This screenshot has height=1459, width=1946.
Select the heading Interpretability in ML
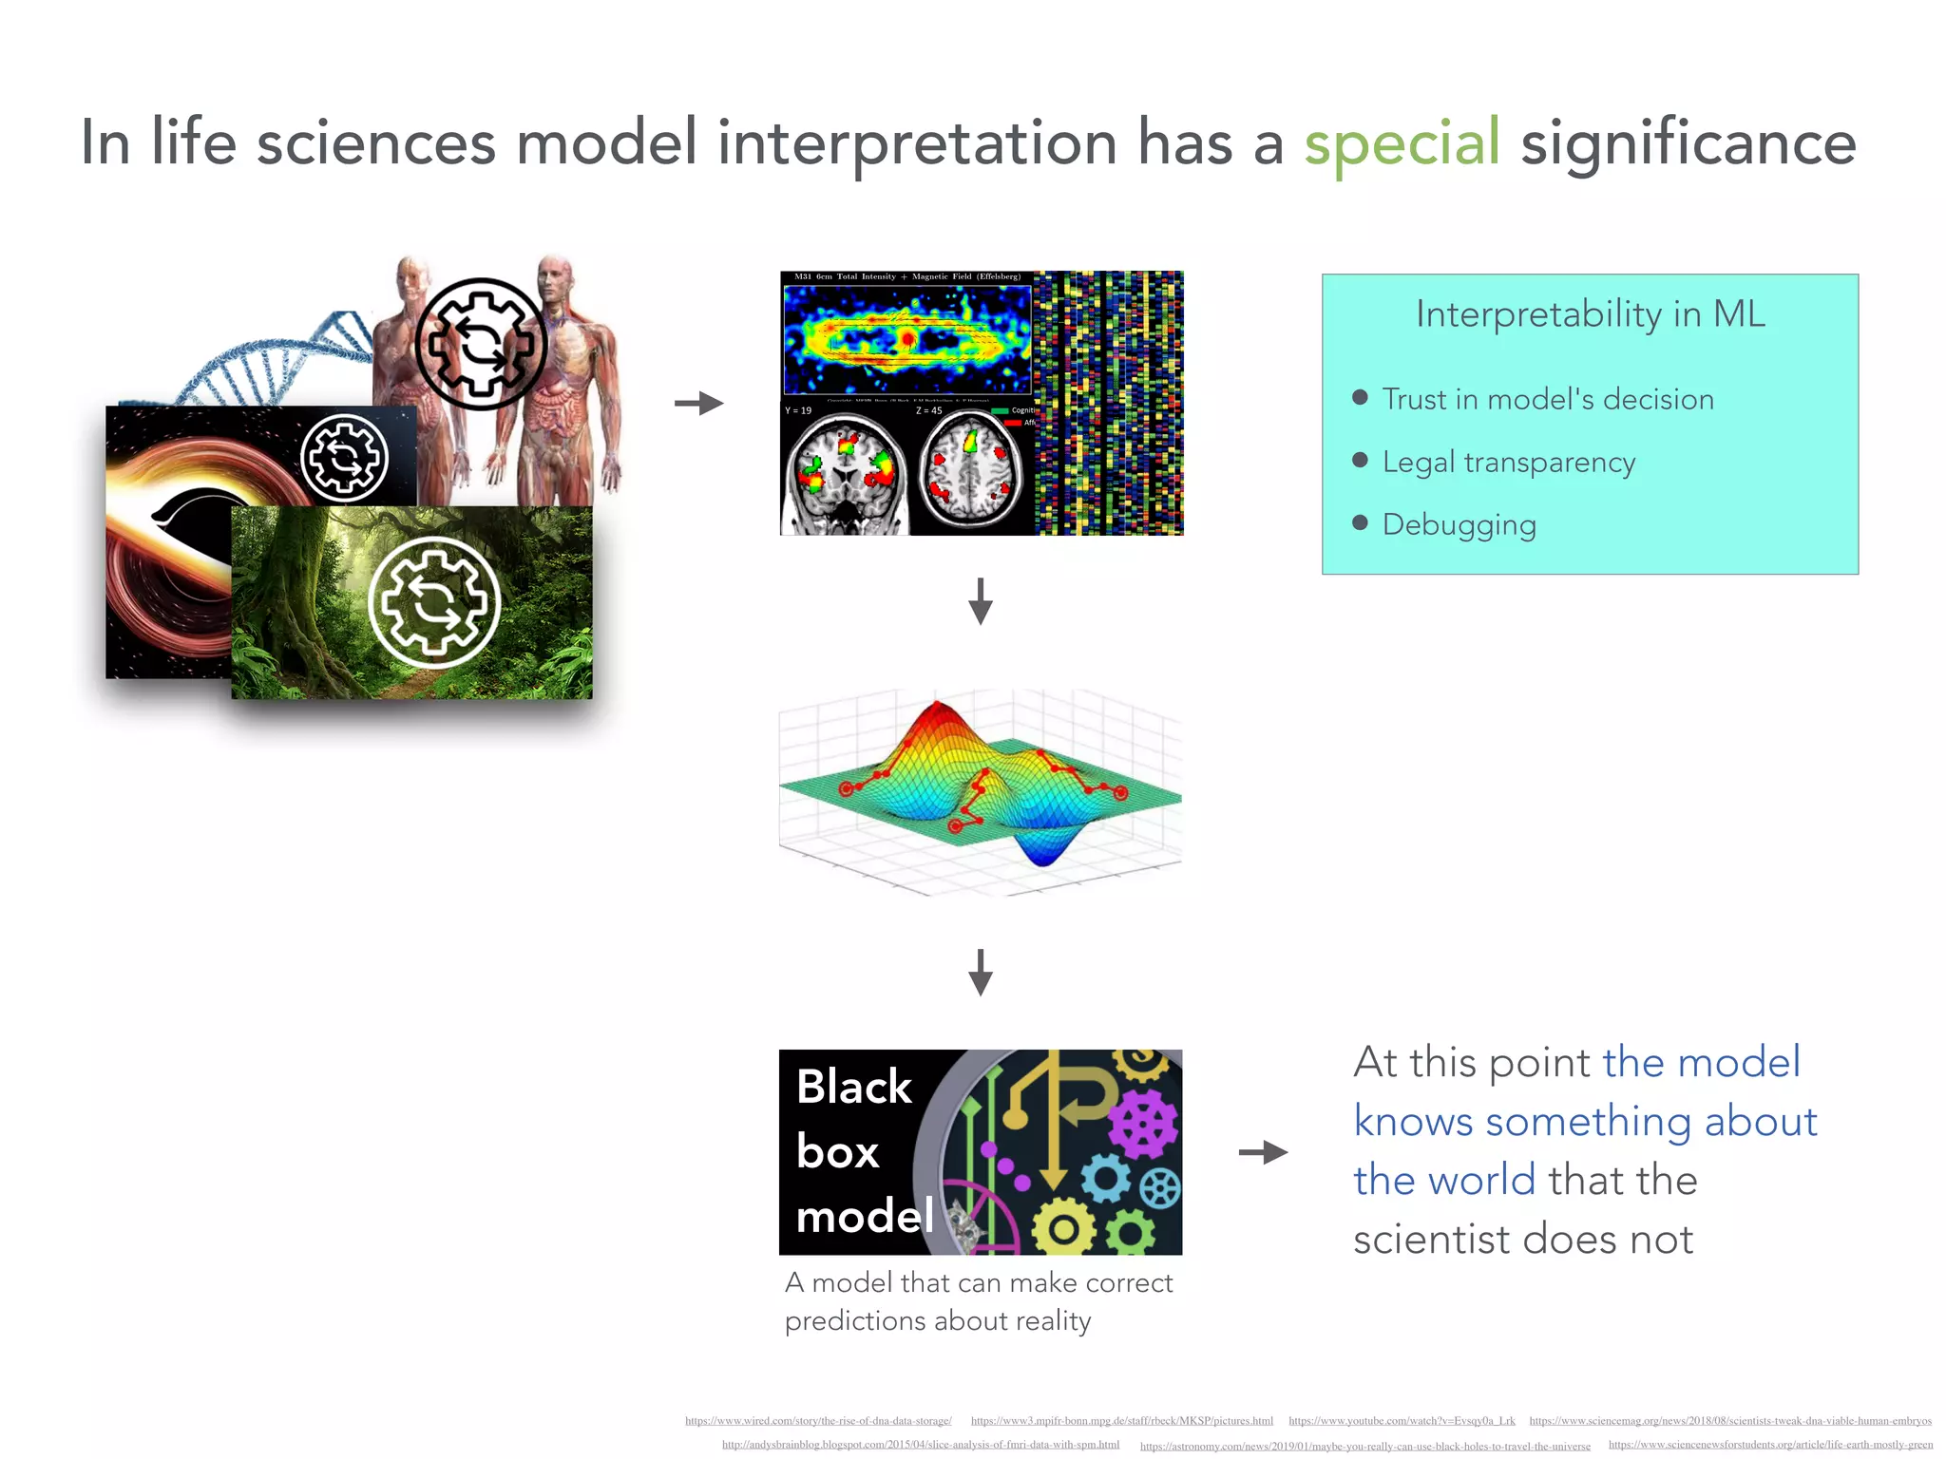pyautogui.click(x=1590, y=314)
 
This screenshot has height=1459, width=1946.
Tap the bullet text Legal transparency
pyautogui.click(x=1508, y=463)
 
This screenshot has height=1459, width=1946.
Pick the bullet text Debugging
pyautogui.click(x=1459, y=525)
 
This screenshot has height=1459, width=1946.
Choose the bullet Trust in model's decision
pyautogui.click(x=1547, y=400)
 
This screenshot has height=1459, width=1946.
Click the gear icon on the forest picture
pyautogui.click(x=434, y=603)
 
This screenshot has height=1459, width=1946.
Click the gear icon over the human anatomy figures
pyautogui.click(x=481, y=344)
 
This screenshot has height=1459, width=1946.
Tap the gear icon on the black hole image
pyautogui.click(x=344, y=458)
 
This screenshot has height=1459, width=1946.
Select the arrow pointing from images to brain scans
pyautogui.click(x=699, y=404)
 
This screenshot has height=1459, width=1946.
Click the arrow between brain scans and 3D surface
pyautogui.click(x=980, y=601)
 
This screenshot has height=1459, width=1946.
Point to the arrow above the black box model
pyautogui.click(x=980, y=972)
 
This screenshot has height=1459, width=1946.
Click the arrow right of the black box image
pyautogui.click(x=1263, y=1152)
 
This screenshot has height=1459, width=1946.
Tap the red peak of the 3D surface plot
pyautogui.click(x=937, y=711)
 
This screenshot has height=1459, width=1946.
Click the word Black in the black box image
pyautogui.click(x=853, y=1087)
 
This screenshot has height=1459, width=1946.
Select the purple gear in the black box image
pyautogui.click(x=1142, y=1124)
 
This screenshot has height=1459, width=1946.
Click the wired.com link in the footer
pyautogui.click(x=818, y=1421)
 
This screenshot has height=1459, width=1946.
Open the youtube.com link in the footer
pyautogui.click(x=1402, y=1421)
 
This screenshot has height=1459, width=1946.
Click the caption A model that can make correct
pyautogui.click(x=979, y=1283)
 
